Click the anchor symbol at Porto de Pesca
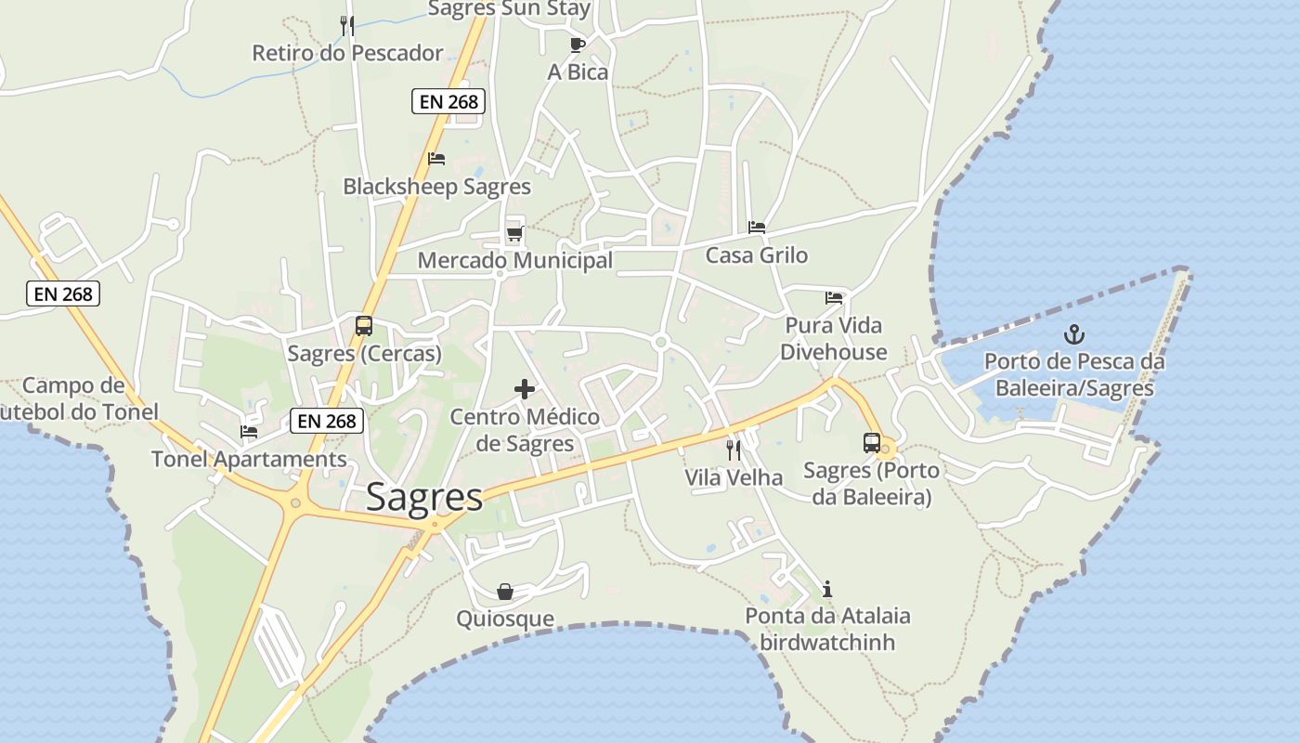click(1074, 334)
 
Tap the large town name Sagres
click(424, 498)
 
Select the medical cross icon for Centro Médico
click(525, 389)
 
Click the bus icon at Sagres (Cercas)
click(364, 326)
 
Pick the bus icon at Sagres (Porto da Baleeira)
click(872, 443)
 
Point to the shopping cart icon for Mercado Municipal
click(514, 233)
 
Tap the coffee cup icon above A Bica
click(578, 44)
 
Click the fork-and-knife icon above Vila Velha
click(734, 450)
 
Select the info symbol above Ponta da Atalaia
click(827, 589)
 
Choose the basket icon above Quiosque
click(505, 592)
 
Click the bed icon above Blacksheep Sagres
click(436, 159)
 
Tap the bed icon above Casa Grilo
click(757, 228)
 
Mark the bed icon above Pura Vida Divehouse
click(834, 298)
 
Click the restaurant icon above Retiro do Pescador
click(347, 25)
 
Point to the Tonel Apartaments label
click(249, 459)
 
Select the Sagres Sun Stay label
click(509, 9)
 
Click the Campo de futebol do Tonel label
click(78, 398)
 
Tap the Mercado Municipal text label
click(515, 261)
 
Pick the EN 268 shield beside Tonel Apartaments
click(327, 421)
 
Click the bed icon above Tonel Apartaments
click(248, 431)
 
